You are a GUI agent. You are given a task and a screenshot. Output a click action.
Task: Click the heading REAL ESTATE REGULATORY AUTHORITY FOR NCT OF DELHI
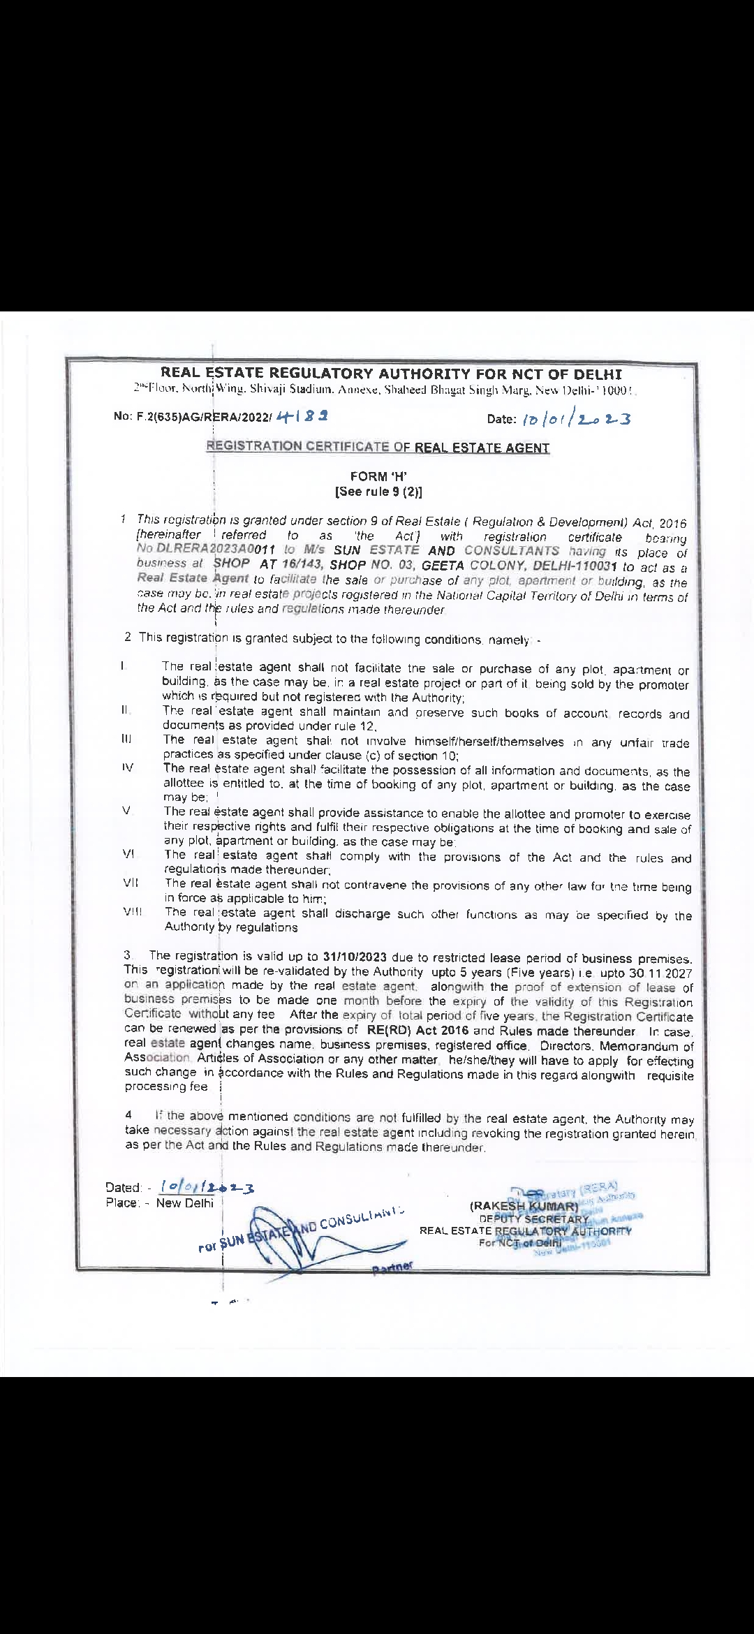point(391,374)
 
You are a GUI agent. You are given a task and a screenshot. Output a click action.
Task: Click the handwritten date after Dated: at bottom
point(207,1187)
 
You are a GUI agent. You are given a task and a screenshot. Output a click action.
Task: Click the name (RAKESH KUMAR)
point(524,1206)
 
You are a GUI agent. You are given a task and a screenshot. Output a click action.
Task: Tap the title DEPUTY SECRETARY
point(535,1219)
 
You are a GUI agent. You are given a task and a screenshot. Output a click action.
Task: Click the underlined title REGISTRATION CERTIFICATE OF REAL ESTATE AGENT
point(378,447)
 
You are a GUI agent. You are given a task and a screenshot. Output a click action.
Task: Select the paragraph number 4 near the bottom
point(128,1116)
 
